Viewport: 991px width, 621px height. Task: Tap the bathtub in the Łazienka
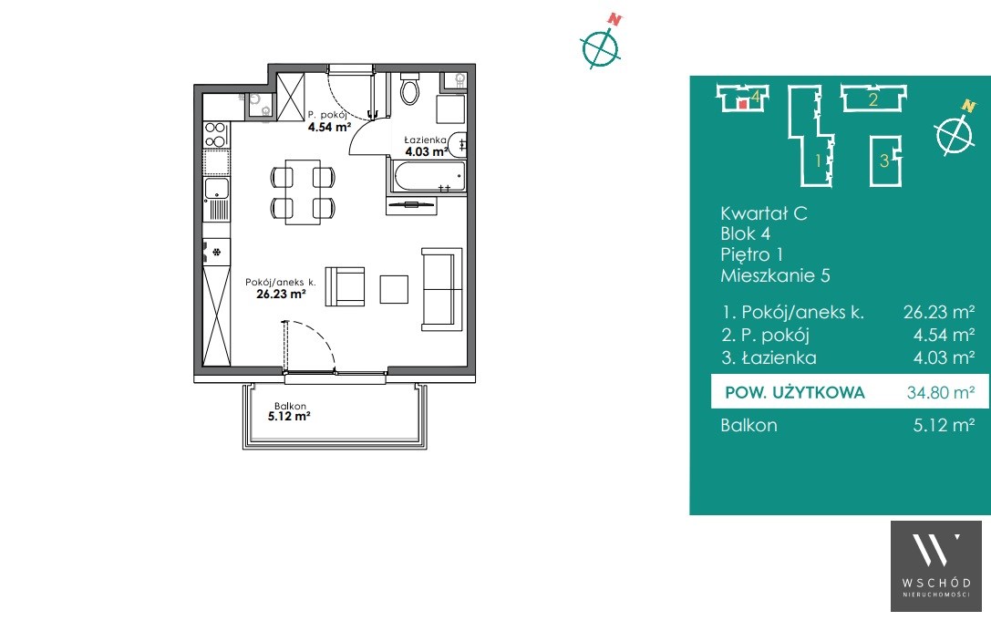429,176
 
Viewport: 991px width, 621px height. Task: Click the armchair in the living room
346,286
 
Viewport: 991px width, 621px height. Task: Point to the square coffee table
394,289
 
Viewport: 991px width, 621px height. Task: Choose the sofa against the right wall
442,289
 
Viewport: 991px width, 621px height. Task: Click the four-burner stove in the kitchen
215,135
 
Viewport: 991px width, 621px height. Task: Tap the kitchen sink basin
216,187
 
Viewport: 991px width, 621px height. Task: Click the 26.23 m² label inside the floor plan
281,294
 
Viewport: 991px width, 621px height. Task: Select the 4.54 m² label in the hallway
329,127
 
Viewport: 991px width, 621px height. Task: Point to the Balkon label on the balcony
290,406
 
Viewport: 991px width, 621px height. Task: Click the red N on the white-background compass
614,19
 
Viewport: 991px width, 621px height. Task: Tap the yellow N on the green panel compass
967,106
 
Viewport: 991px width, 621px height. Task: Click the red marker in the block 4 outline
743,104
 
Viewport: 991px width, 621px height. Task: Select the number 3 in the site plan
884,160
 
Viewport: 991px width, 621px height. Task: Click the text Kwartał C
763,213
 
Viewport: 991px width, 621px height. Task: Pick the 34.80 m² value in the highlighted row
941,393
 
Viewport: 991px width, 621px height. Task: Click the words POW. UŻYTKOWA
794,393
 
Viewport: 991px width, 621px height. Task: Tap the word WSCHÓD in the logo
936,583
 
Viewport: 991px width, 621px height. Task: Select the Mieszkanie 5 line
775,275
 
